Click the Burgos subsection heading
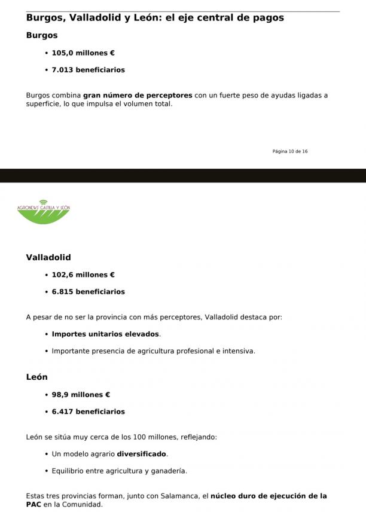tap(42, 35)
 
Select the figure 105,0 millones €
tap(83, 53)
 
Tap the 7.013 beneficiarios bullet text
tap(88, 70)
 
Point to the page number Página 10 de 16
tap(290, 151)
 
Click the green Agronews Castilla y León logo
tap(44, 211)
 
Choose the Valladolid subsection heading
tap(48, 257)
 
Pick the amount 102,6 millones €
tap(83, 275)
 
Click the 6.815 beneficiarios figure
tap(88, 292)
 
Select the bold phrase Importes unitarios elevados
tap(105, 334)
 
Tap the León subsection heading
tap(37, 377)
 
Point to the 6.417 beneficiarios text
tap(88, 412)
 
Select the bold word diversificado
tap(142, 454)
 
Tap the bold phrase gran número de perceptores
tap(138, 95)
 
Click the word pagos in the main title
tap(267, 18)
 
